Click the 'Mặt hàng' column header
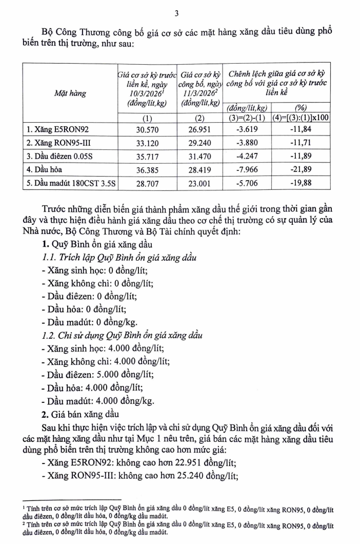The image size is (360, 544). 70,93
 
